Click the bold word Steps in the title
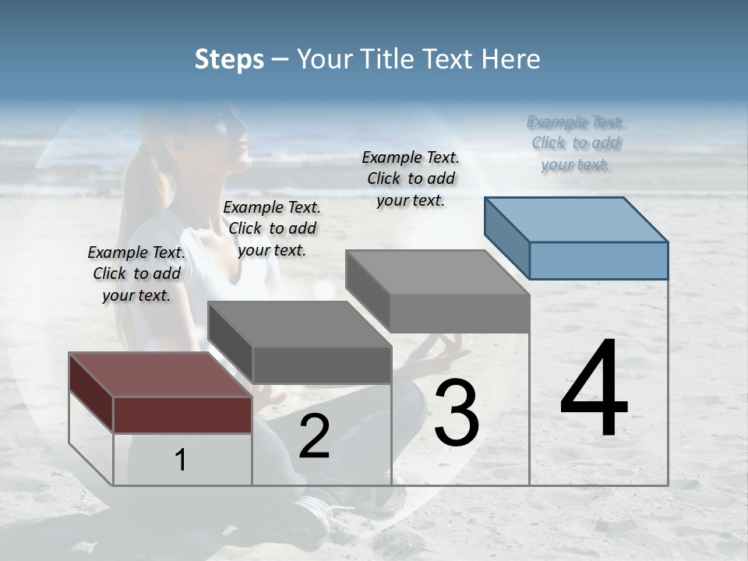(x=229, y=59)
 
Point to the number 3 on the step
(x=457, y=413)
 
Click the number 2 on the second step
(x=314, y=436)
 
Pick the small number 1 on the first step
(x=181, y=460)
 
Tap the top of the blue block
(x=577, y=219)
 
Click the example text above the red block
(x=136, y=273)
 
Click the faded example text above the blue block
(x=575, y=143)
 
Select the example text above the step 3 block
(x=411, y=178)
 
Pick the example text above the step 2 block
(x=272, y=228)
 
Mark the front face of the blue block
(x=598, y=260)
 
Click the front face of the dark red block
(x=182, y=415)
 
